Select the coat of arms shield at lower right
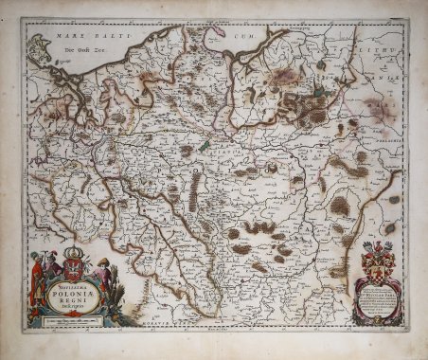coord(377,256)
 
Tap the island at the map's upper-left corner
coord(40,46)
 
